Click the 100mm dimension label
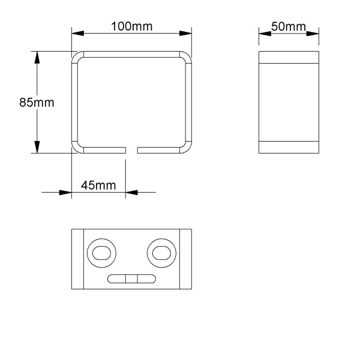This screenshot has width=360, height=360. click(x=131, y=26)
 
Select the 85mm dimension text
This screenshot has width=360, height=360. click(x=37, y=103)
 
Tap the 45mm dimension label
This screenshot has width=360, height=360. click(x=98, y=185)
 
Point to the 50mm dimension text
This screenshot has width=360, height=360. click(x=289, y=26)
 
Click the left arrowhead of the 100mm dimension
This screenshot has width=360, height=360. click(x=78, y=33)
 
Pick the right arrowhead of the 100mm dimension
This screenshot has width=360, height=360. click(x=185, y=33)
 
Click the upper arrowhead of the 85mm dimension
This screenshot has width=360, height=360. click(x=37, y=58)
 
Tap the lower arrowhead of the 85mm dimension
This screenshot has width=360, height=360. click(x=37, y=147)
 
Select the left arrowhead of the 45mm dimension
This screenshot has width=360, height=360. click(x=65, y=193)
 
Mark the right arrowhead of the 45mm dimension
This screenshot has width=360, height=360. click(x=131, y=193)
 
